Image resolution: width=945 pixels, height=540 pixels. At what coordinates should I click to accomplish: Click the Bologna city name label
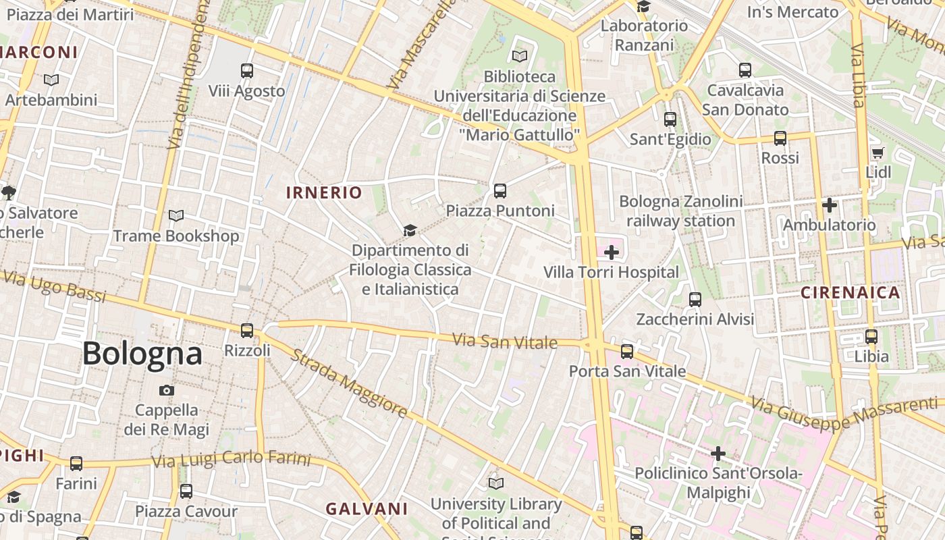click(x=142, y=354)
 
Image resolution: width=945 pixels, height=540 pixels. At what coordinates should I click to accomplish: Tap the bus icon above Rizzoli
click(x=247, y=331)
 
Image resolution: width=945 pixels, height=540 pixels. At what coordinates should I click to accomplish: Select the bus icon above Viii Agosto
click(x=247, y=70)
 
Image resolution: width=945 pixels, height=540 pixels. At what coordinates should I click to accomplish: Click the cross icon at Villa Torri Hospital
click(x=612, y=252)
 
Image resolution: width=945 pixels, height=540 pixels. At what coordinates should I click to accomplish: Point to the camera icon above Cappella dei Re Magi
click(x=167, y=390)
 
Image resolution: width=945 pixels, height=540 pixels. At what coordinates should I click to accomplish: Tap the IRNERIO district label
click(x=324, y=192)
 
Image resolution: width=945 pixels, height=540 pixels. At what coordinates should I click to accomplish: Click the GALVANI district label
click(x=367, y=509)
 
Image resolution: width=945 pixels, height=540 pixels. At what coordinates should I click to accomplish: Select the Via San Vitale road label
click(x=505, y=342)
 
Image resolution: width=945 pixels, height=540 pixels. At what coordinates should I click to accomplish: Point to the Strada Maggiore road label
click(x=349, y=383)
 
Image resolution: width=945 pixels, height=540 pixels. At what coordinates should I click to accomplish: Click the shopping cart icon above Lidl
click(x=878, y=153)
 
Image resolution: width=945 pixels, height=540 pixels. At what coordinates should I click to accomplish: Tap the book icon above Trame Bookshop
click(x=176, y=216)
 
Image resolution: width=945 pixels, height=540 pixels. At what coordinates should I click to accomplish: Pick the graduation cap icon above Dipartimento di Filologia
click(x=410, y=231)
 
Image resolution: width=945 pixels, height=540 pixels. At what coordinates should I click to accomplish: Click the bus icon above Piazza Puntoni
click(x=500, y=191)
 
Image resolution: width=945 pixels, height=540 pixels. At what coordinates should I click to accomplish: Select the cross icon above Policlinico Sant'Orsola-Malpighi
click(x=718, y=454)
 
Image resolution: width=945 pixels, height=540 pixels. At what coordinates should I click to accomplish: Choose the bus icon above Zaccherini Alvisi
click(x=695, y=300)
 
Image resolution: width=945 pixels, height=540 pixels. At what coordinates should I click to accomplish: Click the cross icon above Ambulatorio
click(x=830, y=205)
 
